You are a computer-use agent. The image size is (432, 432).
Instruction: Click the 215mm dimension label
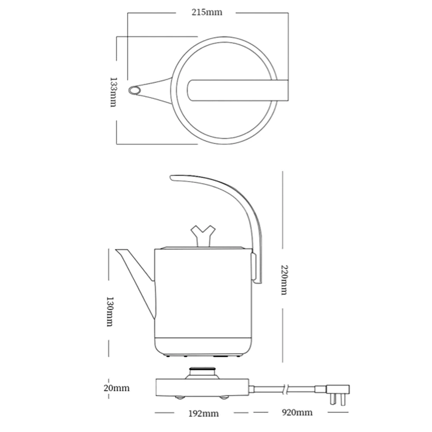coord(208,12)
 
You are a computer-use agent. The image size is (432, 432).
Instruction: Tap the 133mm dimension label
coord(113,92)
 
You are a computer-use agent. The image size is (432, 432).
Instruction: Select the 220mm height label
coord(283,280)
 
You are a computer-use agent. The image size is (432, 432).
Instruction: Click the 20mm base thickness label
coord(117,388)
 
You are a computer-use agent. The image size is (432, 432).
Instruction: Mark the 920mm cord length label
coord(298,413)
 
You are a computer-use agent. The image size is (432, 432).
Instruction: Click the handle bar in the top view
coord(237,90)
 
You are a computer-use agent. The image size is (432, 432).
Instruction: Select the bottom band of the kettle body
coord(203,345)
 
